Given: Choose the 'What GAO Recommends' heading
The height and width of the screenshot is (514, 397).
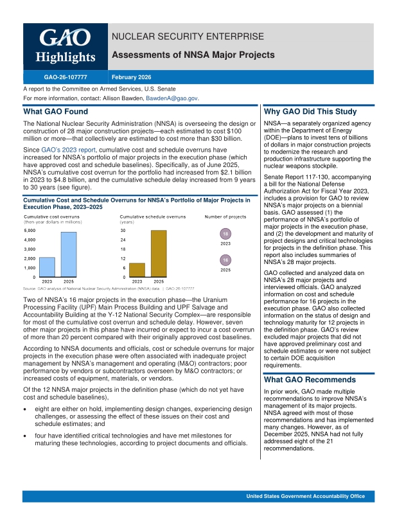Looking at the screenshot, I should [x=301, y=380].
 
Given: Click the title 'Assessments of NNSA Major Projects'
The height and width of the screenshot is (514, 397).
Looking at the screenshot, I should [x=193, y=56].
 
